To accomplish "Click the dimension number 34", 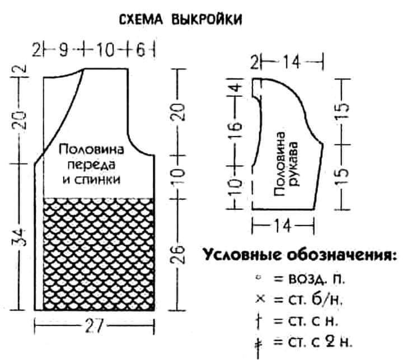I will click(18, 236).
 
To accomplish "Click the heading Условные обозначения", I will click(296, 255).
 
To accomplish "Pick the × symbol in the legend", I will click(259, 299).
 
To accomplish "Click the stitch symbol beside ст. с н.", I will click(259, 320).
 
